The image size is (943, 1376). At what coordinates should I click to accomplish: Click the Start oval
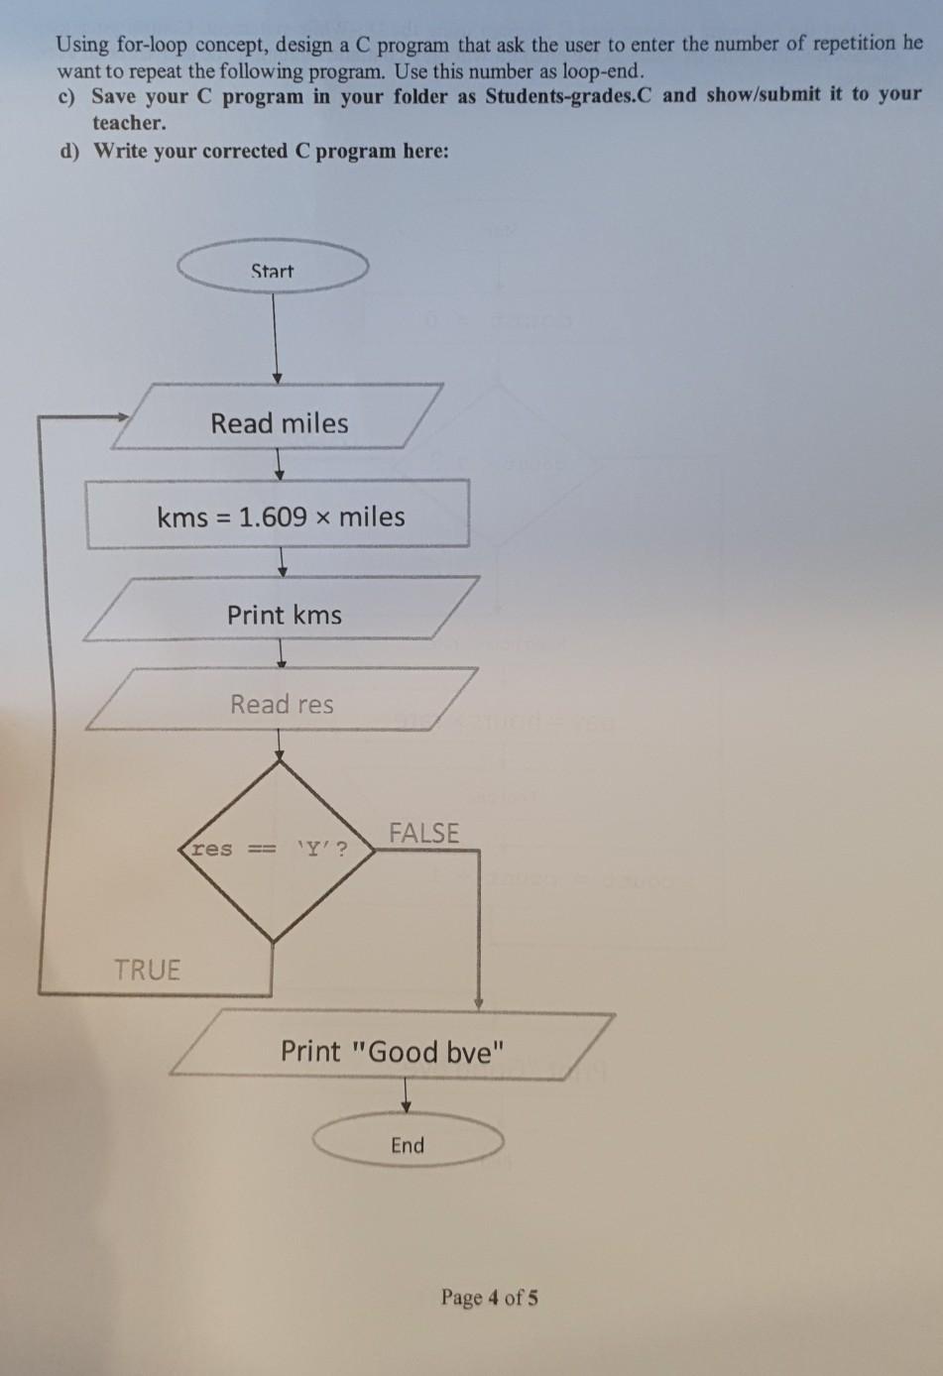273,268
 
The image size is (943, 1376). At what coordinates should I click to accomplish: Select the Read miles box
279,422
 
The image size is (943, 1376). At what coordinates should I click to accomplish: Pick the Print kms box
283,614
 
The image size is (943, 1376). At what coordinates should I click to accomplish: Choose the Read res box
282,703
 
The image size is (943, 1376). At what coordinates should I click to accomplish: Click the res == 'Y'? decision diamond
275,849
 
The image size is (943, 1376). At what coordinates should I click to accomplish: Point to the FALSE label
423,833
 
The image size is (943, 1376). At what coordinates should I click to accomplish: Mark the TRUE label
147,969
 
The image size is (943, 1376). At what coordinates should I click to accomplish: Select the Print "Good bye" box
393,1049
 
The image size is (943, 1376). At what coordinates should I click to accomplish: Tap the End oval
408,1144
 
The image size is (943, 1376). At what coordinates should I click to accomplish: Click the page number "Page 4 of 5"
490,1297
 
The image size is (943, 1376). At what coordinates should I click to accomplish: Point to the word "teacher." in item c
129,123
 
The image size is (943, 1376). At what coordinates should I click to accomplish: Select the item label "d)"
70,151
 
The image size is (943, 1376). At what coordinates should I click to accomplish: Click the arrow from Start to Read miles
277,337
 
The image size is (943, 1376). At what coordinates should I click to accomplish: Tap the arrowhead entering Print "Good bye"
479,1003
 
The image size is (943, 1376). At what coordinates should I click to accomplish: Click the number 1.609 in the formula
273,516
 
